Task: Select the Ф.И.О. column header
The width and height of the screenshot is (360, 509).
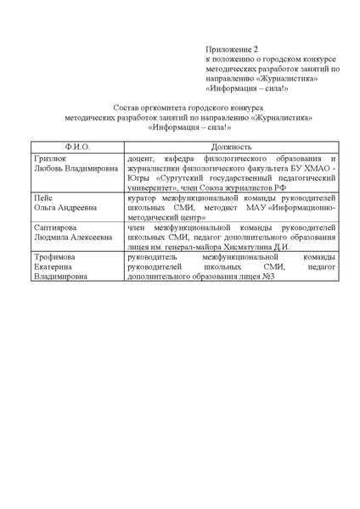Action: coord(77,147)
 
